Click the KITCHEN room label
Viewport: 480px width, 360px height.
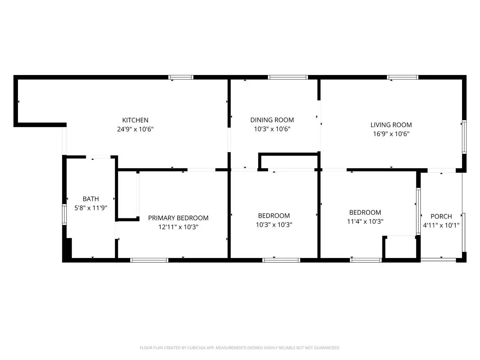point(135,120)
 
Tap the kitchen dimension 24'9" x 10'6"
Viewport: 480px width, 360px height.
point(135,129)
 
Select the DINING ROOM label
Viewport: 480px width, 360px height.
point(272,120)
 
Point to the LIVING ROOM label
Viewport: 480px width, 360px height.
point(391,125)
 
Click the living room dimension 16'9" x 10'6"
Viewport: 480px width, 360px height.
point(391,134)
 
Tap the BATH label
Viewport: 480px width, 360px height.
point(91,199)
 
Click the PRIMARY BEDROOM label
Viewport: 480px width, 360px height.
point(178,218)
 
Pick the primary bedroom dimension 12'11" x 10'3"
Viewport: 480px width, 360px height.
point(178,227)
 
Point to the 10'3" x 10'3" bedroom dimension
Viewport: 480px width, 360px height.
point(274,225)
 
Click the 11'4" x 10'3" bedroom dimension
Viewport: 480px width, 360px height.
point(365,221)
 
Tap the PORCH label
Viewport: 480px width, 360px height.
point(441,216)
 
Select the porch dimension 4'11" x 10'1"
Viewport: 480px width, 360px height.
point(441,225)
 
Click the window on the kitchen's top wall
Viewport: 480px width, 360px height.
point(181,77)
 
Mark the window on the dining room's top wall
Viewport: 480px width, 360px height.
point(288,77)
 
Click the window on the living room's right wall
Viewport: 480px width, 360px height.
point(464,137)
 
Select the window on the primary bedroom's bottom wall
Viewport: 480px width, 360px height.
point(149,260)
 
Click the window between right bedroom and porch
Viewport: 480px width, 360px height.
point(418,211)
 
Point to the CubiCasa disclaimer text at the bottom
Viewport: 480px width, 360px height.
point(240,348)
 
